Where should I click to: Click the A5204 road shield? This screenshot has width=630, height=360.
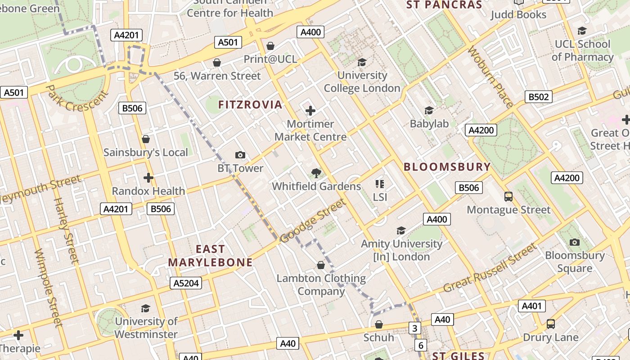[x=185, y=283]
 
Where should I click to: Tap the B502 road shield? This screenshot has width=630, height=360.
[x=538, y=97]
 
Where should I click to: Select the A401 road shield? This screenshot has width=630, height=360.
[x=531, y=306]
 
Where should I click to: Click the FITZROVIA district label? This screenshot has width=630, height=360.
[x=250, y=105]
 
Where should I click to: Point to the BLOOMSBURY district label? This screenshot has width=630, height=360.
[x=447, y=167]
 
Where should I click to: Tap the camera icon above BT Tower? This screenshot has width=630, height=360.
[x=240, y=155]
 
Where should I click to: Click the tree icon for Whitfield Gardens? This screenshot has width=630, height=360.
[x=316, y=173]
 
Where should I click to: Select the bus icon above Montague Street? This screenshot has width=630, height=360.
[x=508, y=197]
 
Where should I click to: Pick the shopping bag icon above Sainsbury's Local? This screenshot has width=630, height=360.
[x=145, y=139]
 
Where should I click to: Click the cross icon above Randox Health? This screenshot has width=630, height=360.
[x=148, y=178]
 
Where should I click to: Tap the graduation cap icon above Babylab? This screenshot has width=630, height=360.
[x=429, y=110]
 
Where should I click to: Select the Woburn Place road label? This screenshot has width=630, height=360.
[x=490, y=77]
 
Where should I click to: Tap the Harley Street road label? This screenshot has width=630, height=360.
[x=66, y=230]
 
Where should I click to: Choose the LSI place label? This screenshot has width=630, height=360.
[x=380, y=197]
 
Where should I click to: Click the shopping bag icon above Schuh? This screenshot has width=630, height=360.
[x=379, y=324]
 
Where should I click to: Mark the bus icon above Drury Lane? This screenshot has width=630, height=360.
[x=550, y=324]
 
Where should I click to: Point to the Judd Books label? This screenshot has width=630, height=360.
[x=518, y=14]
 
